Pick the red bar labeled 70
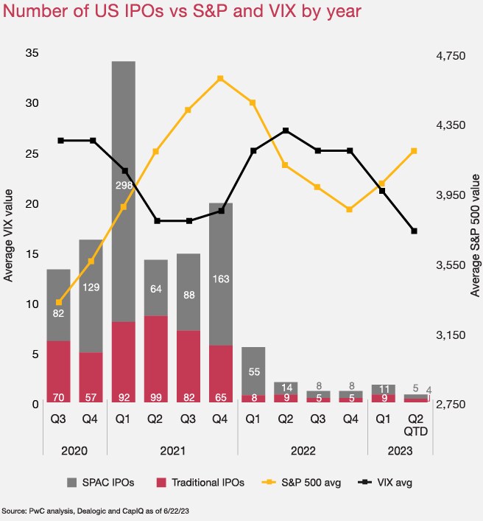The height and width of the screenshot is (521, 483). tap(59, 372)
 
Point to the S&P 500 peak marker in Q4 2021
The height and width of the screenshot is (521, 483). tap(221, 78)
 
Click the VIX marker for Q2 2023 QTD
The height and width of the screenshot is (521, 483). tap(415, 231)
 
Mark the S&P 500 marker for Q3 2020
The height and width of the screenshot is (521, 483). tap(59, 302)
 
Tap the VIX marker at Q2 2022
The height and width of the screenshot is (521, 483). tap(286, 130)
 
